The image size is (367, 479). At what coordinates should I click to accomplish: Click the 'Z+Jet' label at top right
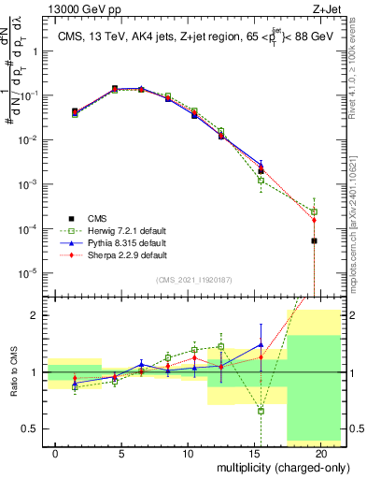point(331,8)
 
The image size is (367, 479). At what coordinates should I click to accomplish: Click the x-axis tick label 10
point(188,452)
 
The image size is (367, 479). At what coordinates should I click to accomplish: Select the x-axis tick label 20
point(320,452)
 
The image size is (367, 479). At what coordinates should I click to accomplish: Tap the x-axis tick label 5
point(121,452)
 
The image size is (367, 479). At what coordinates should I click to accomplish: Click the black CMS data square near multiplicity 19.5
point(314,240)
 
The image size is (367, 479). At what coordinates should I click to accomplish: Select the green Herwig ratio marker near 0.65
point(261,411)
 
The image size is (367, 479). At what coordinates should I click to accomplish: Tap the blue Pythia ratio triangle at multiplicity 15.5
point(261,344)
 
